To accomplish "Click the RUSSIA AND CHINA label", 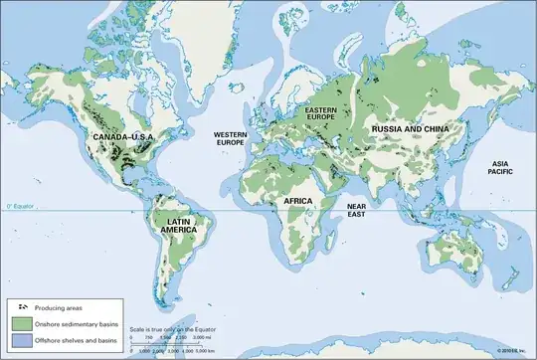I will point(410,129).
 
